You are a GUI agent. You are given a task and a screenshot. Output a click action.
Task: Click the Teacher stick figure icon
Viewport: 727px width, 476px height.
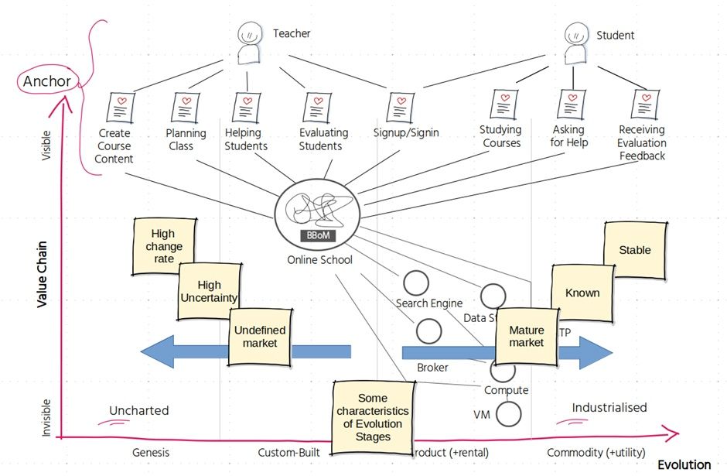[249, 43]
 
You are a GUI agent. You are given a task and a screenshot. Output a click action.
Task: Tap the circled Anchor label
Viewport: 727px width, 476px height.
[46, 81]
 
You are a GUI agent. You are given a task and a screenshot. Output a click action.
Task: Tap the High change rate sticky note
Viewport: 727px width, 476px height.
[163, 246]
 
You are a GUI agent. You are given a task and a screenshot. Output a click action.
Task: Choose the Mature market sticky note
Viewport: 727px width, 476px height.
[526, 336]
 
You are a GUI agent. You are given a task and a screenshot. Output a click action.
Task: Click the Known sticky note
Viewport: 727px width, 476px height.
[582, 293]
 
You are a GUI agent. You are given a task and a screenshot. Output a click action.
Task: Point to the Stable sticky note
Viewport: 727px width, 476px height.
[634, 250]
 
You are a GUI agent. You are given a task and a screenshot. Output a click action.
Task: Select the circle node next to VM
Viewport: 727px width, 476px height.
[508, 413]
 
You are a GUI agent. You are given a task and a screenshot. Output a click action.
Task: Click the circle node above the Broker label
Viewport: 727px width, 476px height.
[428, 331]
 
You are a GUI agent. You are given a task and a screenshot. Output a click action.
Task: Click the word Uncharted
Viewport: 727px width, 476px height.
[138, 410]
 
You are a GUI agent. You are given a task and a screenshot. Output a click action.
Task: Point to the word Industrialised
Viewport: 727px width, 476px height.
[609, 408]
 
